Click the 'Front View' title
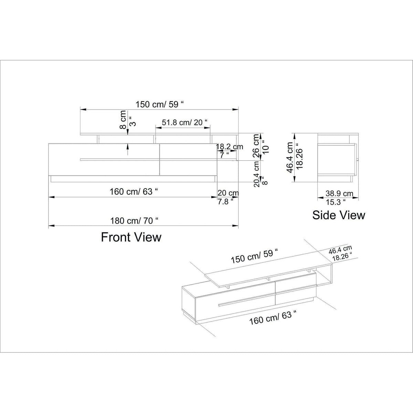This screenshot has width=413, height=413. pyautogui.click(x=131, y=237)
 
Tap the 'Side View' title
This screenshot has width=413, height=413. pyautogui.click(x=339, y=215)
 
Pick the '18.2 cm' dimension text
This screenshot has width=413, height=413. pyautogui.click(x=230, y=147)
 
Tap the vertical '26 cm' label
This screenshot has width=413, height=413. pyautogui.click(x=256, y=146)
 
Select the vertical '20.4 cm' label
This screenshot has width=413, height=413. pyautogui.click(x=257, y=174)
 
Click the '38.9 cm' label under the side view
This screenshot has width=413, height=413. pyautogui.click(x=339, y=193)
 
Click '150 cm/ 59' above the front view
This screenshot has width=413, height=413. pyautogui.click(x=160, y=105)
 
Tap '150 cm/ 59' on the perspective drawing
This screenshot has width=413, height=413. pyautogui.click(x=254, y=256)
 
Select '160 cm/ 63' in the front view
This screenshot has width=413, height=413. pyautogui.click(x=134, y=192)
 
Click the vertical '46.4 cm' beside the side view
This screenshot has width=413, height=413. pyautogui.click(x=290, y=157)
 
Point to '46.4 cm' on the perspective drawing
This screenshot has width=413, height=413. pyautogui.click(x=340, y=250)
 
